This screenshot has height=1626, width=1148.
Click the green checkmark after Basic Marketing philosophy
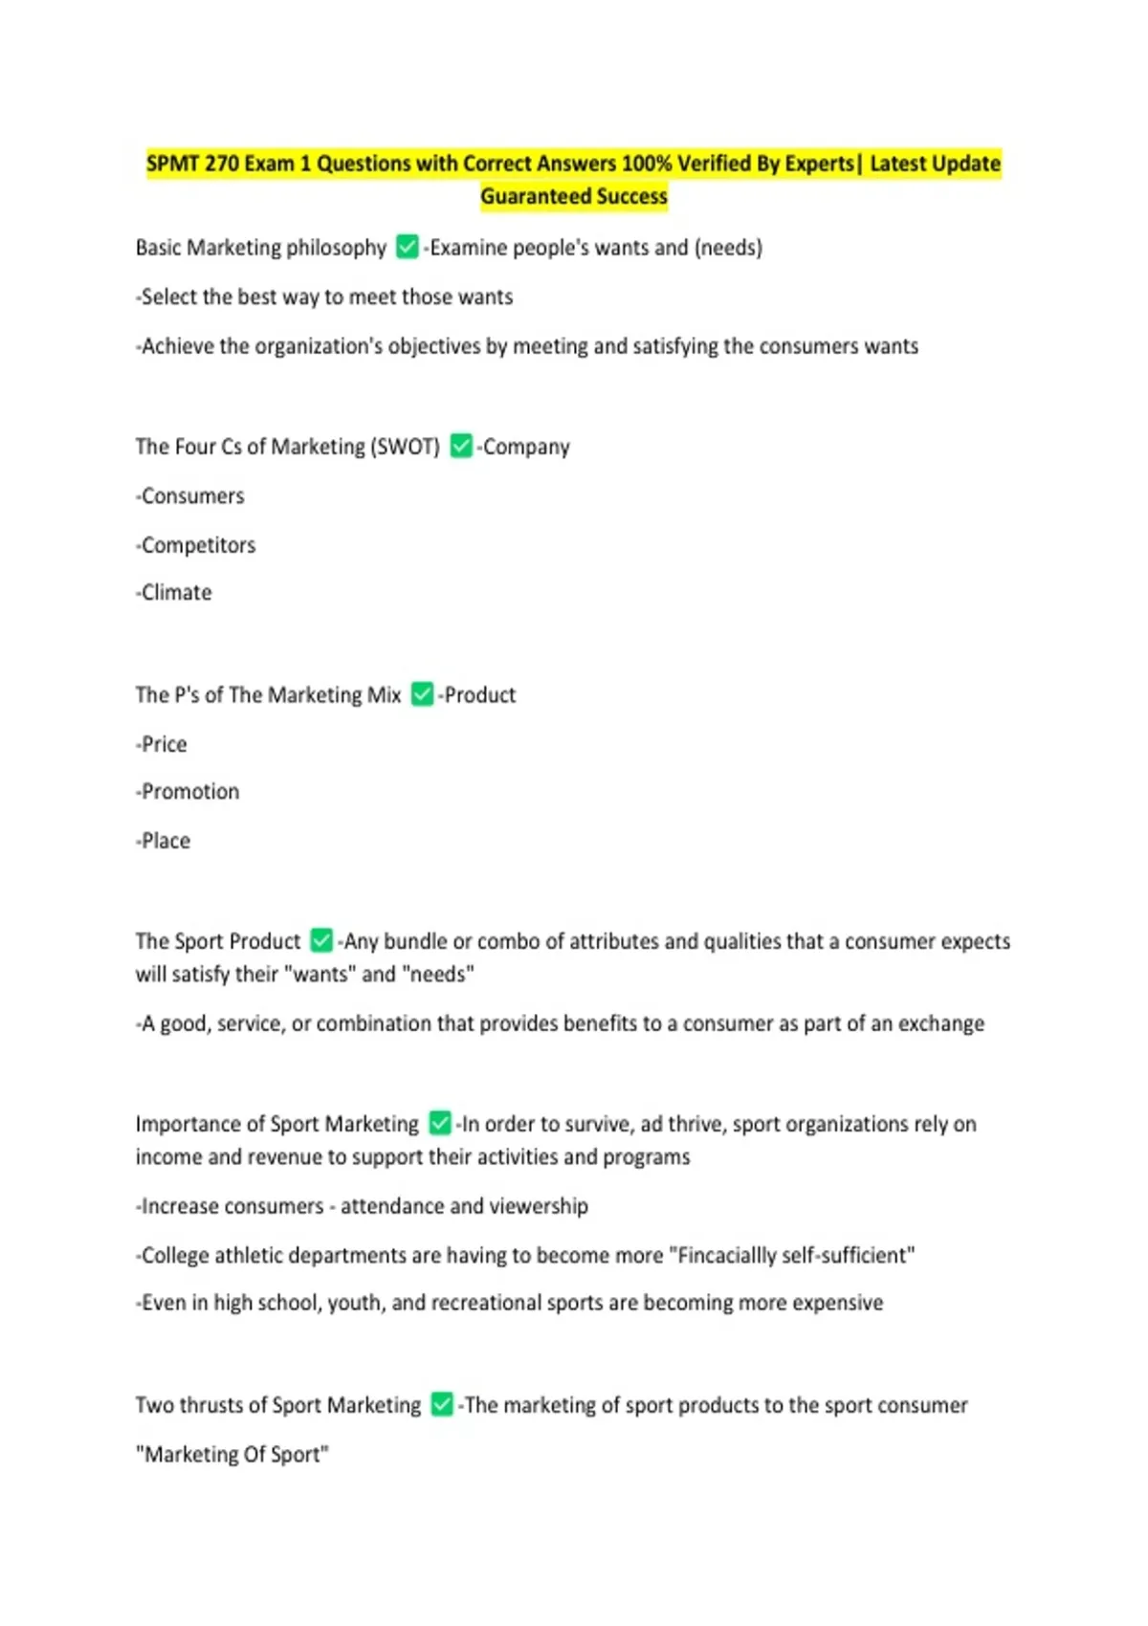coord(408,248)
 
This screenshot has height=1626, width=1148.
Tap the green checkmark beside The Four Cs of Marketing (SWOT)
coord(461,447)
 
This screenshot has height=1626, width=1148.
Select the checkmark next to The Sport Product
coord(322,941)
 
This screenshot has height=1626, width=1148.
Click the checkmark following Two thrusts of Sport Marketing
coord(442,1405)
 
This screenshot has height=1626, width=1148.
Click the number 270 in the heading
coord(221,164)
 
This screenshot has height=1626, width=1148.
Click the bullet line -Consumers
coord(190,496)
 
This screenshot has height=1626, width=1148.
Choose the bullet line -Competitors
coord(196,545)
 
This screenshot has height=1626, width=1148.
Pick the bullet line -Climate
coord(174,593)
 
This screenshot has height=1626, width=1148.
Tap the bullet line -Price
coord(162,744)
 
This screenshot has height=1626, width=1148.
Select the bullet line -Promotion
coord(188,792)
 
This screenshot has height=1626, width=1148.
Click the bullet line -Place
coord(164,841)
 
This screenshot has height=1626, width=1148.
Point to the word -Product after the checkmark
coord(477,695)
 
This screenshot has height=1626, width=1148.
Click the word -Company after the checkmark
coord(524,447)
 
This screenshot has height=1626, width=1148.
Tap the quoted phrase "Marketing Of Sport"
coord(232,1455)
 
